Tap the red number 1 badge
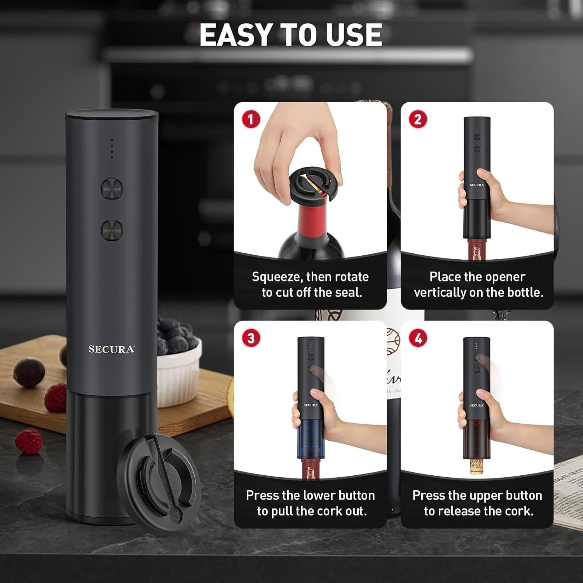click(x=251, y=119)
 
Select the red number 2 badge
click(x=418, y=119)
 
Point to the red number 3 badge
click(x=251, y=338)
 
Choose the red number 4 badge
click(x=418, y=338)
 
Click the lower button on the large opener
click(x=112, y=230)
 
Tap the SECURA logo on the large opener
click(x=112, y=349)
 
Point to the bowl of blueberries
click(x=179, y=352)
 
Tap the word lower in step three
click(x=314, y=496)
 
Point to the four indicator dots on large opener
click(x=112, y=148)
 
